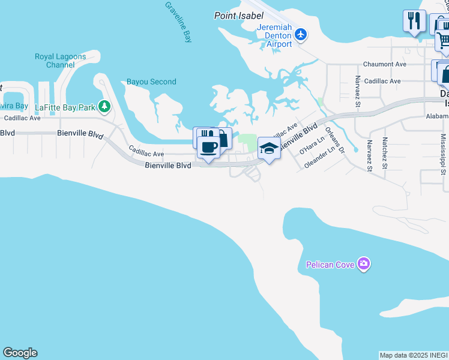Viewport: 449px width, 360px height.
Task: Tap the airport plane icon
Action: pos(301,34)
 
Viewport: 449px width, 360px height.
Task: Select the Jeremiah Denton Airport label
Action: pos(274,36)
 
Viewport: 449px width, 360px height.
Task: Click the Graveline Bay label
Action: pos(179,22)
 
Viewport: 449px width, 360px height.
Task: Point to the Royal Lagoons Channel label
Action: pos(59,61)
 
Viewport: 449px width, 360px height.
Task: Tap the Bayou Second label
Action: pos(151,82)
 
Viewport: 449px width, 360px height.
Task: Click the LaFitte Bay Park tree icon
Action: pos(105,106)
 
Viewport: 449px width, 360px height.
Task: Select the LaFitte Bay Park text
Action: pos(65,107)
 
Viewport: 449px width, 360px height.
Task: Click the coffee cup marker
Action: pos(209,147)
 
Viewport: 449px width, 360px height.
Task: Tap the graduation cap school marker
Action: pos(270,148)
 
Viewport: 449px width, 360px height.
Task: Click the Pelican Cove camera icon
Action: pos(363,264)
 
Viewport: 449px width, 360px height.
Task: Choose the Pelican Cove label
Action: pos(330,265)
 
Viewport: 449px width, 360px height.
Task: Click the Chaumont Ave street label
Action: pos(385,64)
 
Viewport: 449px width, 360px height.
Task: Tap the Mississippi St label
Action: pos(443,153)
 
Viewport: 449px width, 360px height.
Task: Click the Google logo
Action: pos(20,353)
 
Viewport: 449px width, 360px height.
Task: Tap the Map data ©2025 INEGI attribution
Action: pos(414,355)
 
